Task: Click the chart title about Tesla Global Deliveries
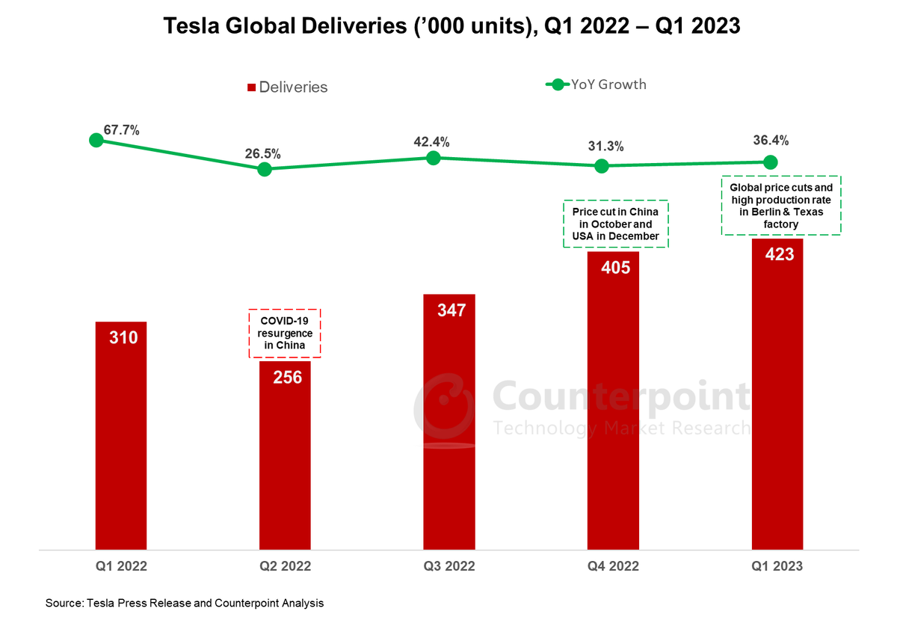(451, 27)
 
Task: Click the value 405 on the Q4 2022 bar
(616, 266)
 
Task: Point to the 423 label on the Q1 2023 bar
(779, 254)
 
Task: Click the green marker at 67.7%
(96, 140)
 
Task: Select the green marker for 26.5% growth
(264, 169)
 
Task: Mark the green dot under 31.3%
(601, 166)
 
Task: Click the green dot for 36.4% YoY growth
(770, 162)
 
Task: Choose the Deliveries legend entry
(289, 87)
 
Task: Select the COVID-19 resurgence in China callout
(284, 333)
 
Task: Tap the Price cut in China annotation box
(615, 224)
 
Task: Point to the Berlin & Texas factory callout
(781, 206)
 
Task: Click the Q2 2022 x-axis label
(286, 566)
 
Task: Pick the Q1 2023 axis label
(777, 566)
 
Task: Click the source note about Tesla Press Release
(185, 603)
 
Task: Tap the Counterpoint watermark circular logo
(444, 408)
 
